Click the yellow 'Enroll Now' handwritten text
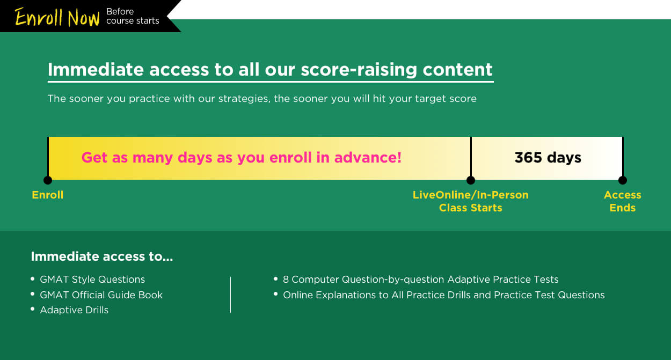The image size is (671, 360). (57, 17)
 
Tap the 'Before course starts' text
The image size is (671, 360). (133, 16)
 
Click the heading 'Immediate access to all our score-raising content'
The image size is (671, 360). (270, 70)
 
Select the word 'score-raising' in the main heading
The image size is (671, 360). (359, 70)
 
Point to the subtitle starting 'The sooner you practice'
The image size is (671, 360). (262, 99)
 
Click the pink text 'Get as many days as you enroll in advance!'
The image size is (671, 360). (242, 158)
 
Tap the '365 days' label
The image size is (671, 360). (548, 158)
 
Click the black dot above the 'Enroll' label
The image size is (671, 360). (48, 180)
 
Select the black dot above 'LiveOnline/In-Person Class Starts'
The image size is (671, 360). (471, 180)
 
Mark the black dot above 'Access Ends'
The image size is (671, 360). (623, 180)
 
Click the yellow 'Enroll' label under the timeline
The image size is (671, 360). (48, 195)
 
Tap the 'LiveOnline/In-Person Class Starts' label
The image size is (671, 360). (471, 201)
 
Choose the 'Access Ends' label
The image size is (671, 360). (623, 201)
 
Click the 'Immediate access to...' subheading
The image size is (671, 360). (102, 256)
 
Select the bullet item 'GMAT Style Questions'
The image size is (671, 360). (92, 280)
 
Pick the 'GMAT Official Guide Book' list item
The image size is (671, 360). (101, 295)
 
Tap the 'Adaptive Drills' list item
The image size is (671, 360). (74, 310)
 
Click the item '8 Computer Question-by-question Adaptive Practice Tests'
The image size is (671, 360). (420, 280)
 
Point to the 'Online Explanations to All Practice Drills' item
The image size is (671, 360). (444, 295)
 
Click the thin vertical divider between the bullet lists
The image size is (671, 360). (230, 295)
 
